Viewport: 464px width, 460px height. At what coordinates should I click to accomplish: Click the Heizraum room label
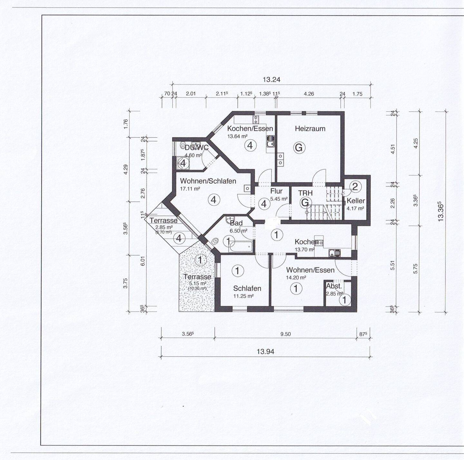[310, 129]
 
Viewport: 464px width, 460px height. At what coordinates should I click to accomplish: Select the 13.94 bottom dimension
[265, 352]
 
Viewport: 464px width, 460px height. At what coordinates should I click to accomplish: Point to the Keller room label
[356, 201]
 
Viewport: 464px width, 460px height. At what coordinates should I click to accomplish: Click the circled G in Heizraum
[299, 148]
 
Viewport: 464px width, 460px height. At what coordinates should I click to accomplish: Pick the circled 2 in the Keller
[355, 186]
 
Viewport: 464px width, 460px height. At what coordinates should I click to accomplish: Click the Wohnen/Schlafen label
[208, 181]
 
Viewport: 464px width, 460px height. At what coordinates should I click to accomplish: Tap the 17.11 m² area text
[190, 189]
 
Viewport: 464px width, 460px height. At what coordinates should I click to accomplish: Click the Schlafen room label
[247, 288]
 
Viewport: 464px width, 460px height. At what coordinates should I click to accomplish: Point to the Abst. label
[334, 286]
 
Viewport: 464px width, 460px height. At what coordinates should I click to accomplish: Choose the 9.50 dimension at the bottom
[285, 334]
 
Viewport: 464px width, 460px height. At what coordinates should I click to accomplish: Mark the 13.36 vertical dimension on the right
[440, 212]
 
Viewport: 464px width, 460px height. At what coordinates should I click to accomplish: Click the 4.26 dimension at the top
[308, 94]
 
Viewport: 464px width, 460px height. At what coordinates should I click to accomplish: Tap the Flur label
[276, 191]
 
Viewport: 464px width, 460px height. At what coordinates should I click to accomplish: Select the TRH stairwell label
[305, 193]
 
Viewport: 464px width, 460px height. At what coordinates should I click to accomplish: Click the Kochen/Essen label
[250, 128]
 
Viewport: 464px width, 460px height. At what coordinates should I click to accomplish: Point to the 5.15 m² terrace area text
[198, 284]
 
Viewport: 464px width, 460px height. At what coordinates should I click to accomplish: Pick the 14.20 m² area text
[296, 277]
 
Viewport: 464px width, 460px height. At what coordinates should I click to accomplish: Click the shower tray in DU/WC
[183, 163]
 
